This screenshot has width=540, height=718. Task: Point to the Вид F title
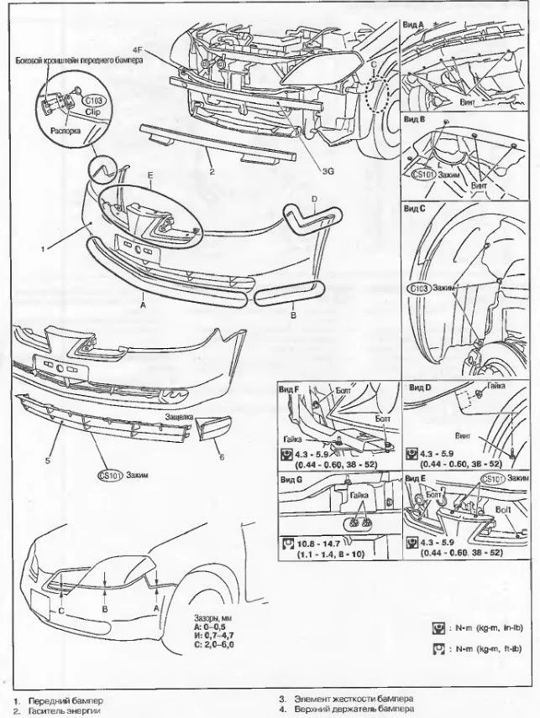point(291,390)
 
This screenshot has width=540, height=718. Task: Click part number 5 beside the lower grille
point(48,460)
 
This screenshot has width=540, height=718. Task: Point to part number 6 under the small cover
point(221,456)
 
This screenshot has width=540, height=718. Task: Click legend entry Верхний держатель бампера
point(349,709)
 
